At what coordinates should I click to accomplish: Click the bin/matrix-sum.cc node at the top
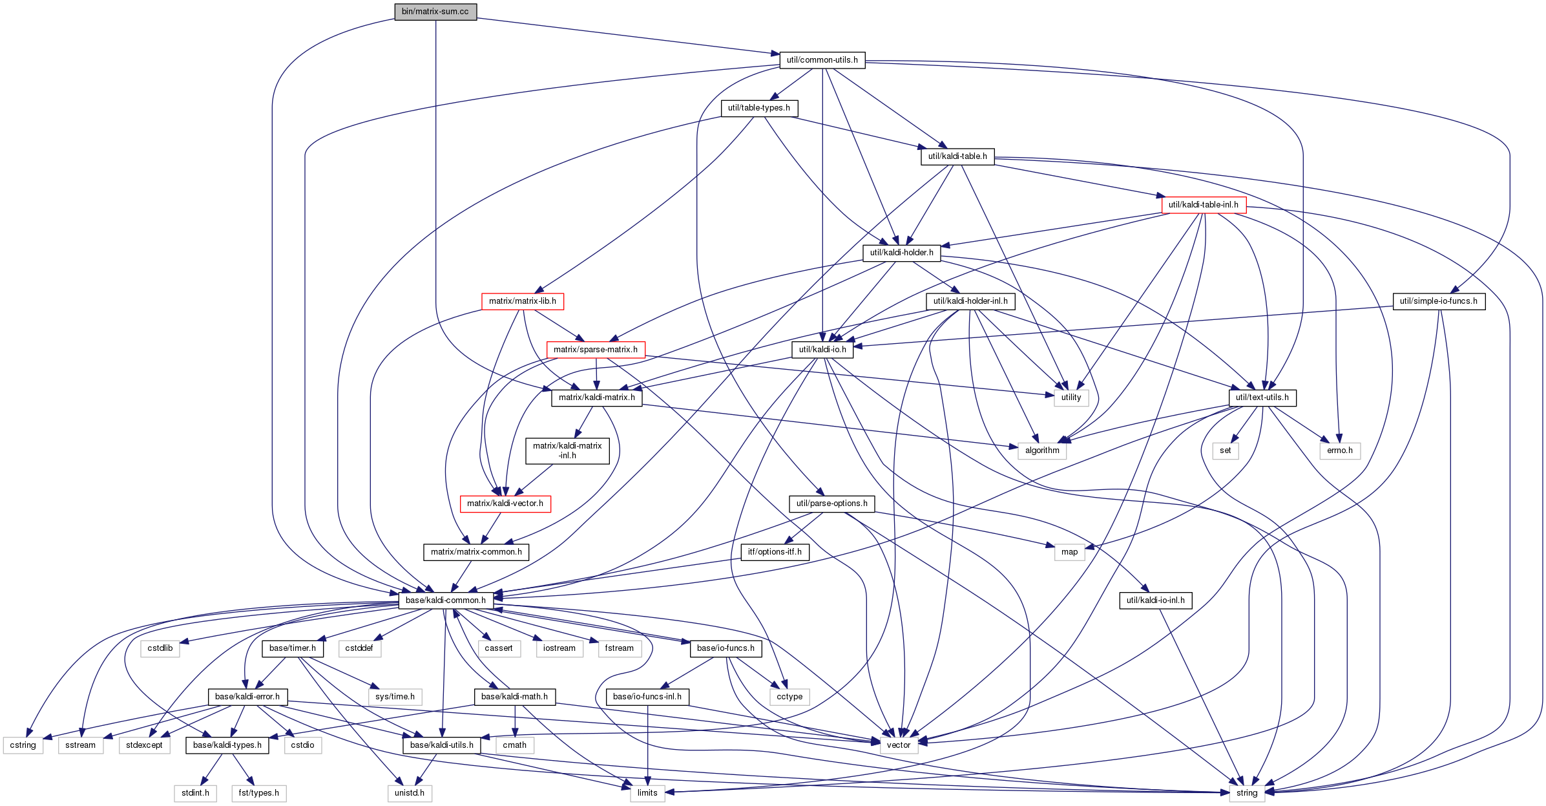(x=435, y=12)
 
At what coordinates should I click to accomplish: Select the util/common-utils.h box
(x=822, y=60)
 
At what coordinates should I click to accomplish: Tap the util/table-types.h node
(x=759, y=108)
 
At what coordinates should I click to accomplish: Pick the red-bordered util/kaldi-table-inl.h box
(x=1203, y=205)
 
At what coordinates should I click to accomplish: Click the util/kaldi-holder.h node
(x=901, y=253)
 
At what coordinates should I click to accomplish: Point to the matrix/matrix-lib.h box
(x=522, y=301)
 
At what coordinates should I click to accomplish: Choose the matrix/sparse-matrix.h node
(x=595, y=350)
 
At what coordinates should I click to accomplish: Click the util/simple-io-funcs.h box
(x=1438, y=301)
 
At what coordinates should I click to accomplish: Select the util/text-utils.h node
(x=1262, y=398)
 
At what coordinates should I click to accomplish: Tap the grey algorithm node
(x=1042, y=451)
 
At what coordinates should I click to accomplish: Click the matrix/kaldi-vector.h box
(x=505, y=504)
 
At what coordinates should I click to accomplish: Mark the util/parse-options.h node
(x=831, y=504)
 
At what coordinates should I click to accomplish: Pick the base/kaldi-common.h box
(x=445, y=600)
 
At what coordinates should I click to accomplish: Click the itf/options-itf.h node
(x=774, y=552)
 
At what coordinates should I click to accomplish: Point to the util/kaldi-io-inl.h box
(x=1155, y=600)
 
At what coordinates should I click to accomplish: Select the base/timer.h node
(x=292, y=648)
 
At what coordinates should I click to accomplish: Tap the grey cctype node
(x=789, y=697)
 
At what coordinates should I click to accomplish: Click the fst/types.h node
(x=258, y=793)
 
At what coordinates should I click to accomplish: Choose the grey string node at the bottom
(x=1246, y=793)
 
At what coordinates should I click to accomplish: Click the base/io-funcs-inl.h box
(x=647, y=697)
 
